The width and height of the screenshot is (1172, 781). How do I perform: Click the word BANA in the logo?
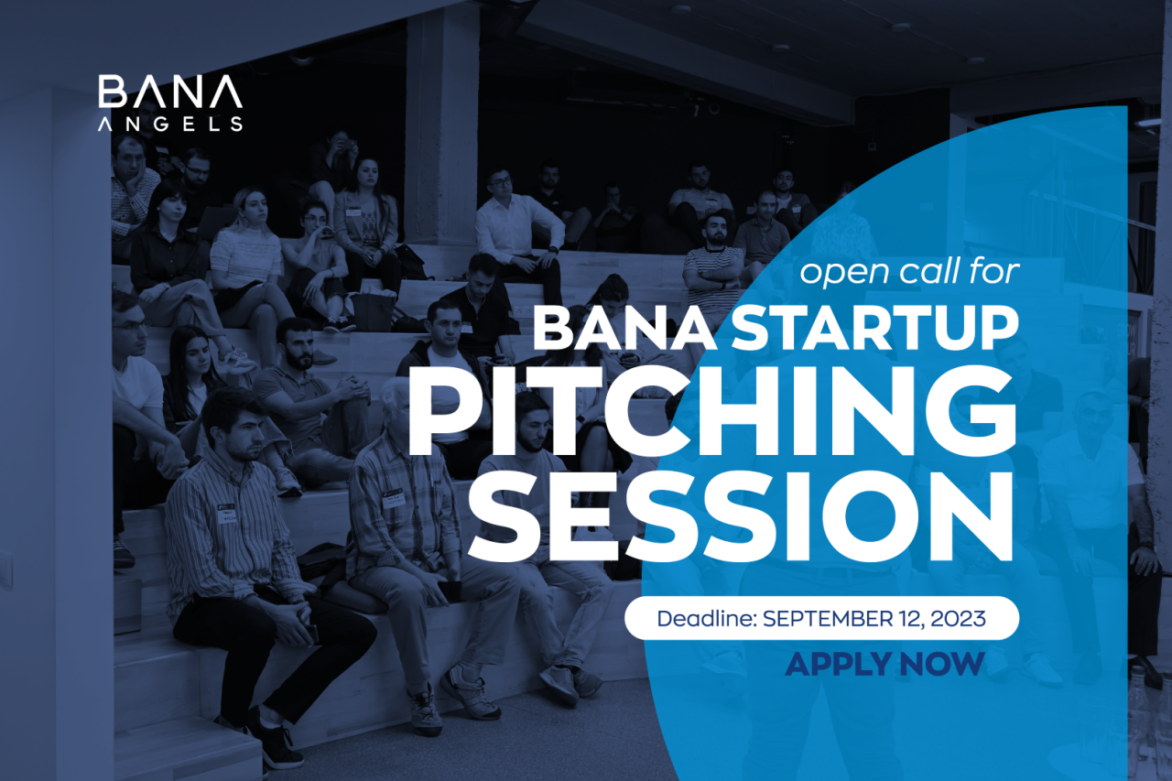coord(170,93)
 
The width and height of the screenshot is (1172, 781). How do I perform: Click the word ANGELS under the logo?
coord(170,125)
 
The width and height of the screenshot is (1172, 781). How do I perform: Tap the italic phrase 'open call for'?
coord(909,272)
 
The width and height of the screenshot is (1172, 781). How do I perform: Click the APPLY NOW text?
coord(884,663)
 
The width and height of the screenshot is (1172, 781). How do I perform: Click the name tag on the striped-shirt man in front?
coord(226,513)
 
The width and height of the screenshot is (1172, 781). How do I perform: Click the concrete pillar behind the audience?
coord(442,119)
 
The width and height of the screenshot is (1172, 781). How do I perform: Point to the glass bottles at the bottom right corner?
coord(1145,723)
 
